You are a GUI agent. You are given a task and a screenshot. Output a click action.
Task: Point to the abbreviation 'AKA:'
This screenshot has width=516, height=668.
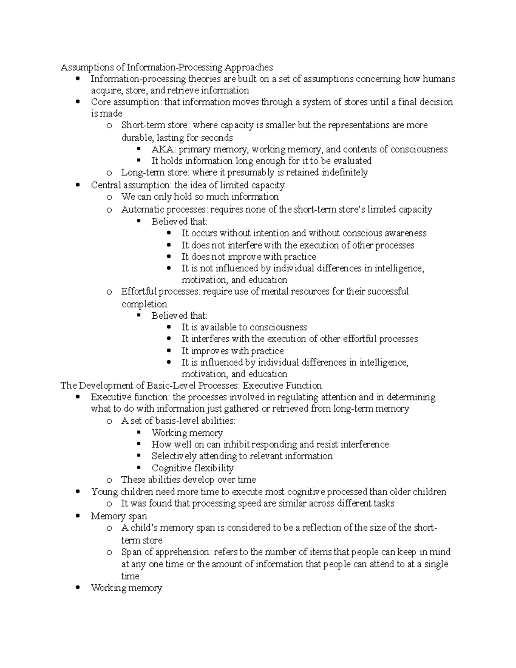[x=163, y=149]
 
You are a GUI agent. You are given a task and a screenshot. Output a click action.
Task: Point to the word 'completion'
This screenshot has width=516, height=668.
[x=144, y=304]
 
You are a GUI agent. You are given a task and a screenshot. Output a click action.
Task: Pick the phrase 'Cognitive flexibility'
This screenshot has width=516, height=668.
[x=193, y=468]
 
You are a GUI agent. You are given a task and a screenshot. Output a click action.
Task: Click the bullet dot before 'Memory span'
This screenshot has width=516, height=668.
[x=77, y=516]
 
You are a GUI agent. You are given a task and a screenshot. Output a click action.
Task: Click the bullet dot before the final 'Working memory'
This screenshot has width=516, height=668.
[x=77, y=588]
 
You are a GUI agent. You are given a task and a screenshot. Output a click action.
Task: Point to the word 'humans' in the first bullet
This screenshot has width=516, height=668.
[x=439, y=79]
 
